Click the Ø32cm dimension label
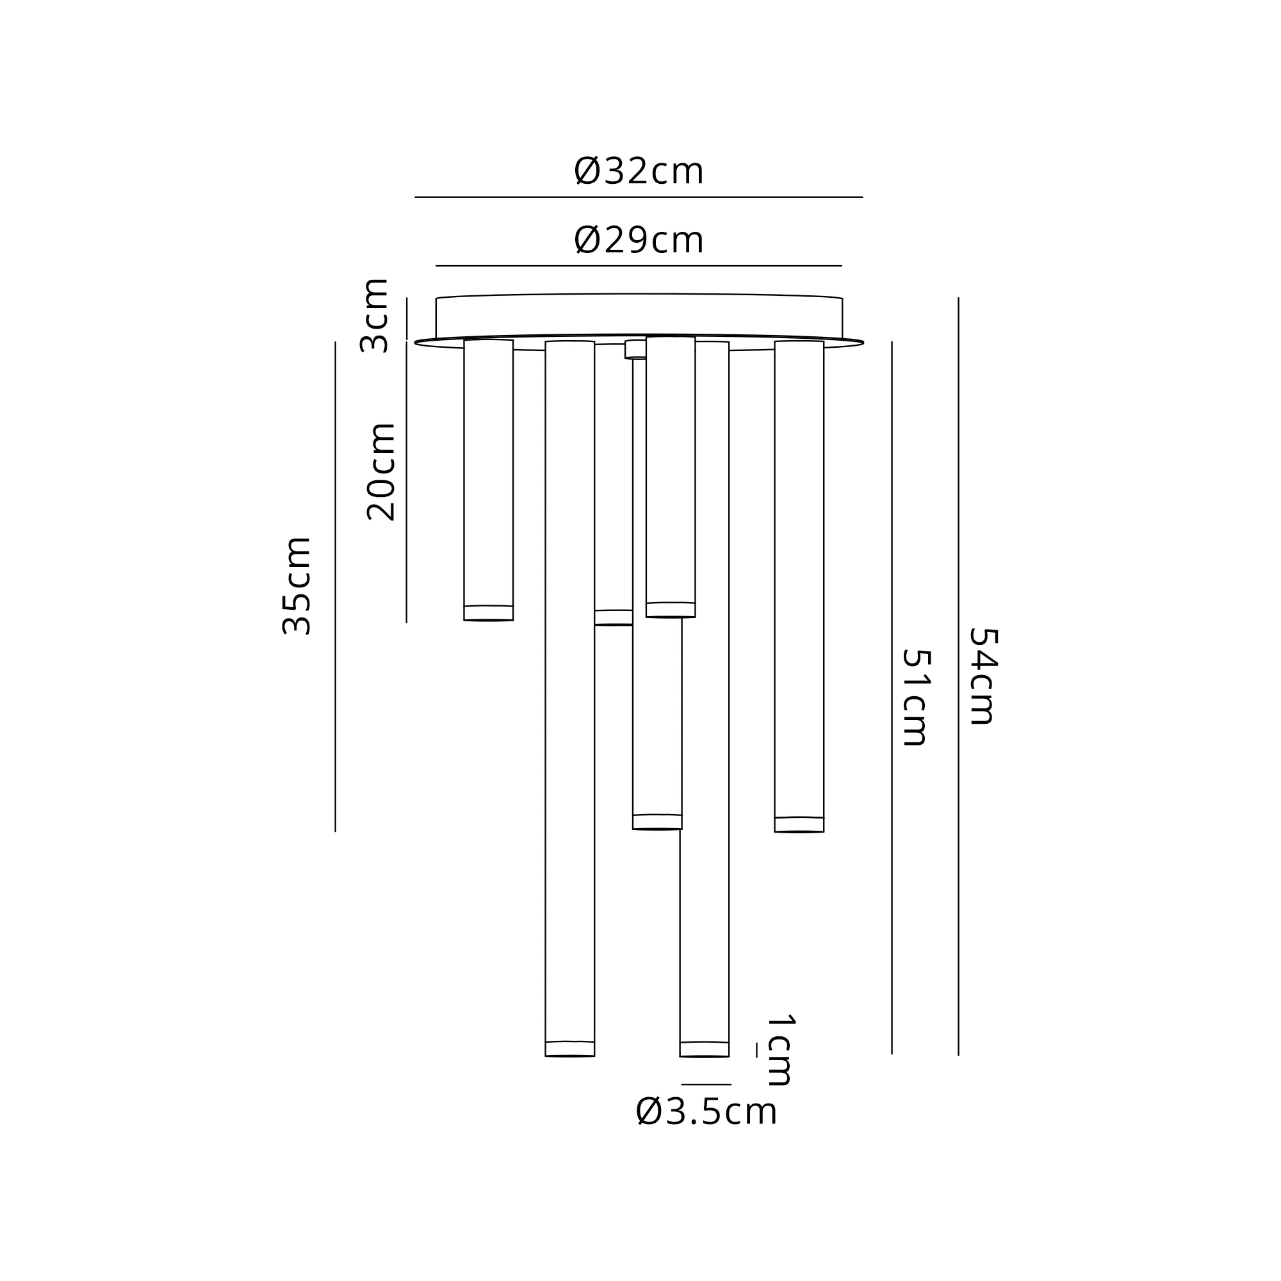(x=639, y=171)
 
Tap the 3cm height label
(x=373, y=315)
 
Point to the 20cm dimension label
(x=381, y=471)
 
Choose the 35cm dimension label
(x=297, y=586)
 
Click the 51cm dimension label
(x=917, y=697)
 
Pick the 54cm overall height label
(x=983, y=676)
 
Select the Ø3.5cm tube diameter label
(x=706, y=1112)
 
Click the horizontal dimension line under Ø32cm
(x=639, y=197)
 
